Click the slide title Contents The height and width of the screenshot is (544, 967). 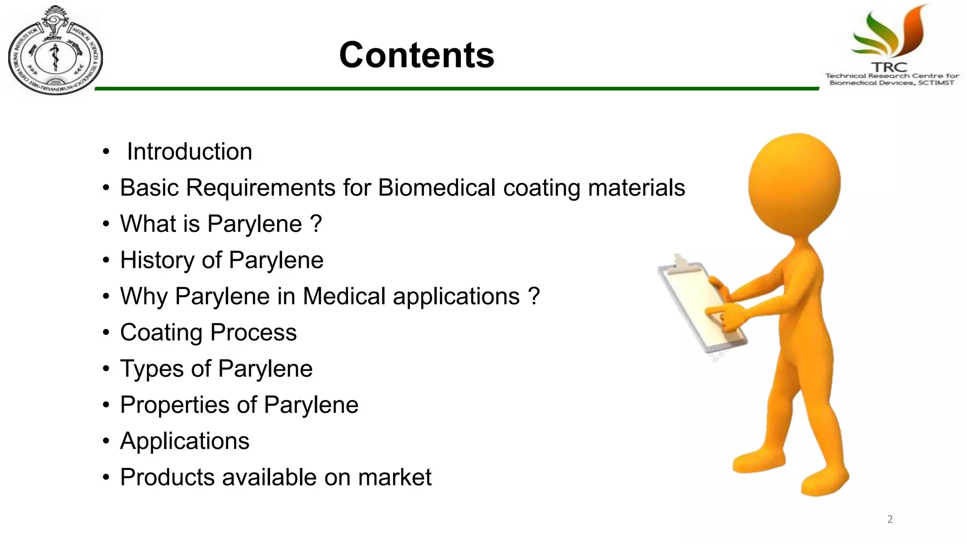[x=416, y=55]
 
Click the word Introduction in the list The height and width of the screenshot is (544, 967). [x=189, y=152]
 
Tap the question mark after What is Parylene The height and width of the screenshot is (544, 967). [x=316, y=224]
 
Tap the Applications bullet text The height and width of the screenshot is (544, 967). [x=185, y=441]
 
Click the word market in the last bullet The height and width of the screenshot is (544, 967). [x=394, y=477]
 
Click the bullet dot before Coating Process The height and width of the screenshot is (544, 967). [x=106, y=333]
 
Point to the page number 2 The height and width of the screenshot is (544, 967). [x=890, y=519]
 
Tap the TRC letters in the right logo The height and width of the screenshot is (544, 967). [x=889, y=68]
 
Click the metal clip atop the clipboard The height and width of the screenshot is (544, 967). [x=680, y=262]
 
